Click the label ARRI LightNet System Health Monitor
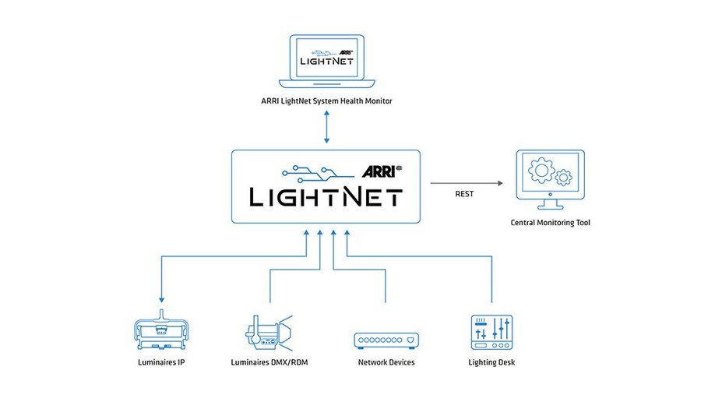coord(326,101)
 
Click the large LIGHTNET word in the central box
coord(326,196)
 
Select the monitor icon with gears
coord(550,180)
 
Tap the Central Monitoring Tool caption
coord(550,223)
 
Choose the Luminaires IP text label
coord(160,362)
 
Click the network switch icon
coord(386,340)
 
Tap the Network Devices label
coord(386,362)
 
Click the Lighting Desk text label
coord(491,362)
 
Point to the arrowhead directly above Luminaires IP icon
coord(160,300)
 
